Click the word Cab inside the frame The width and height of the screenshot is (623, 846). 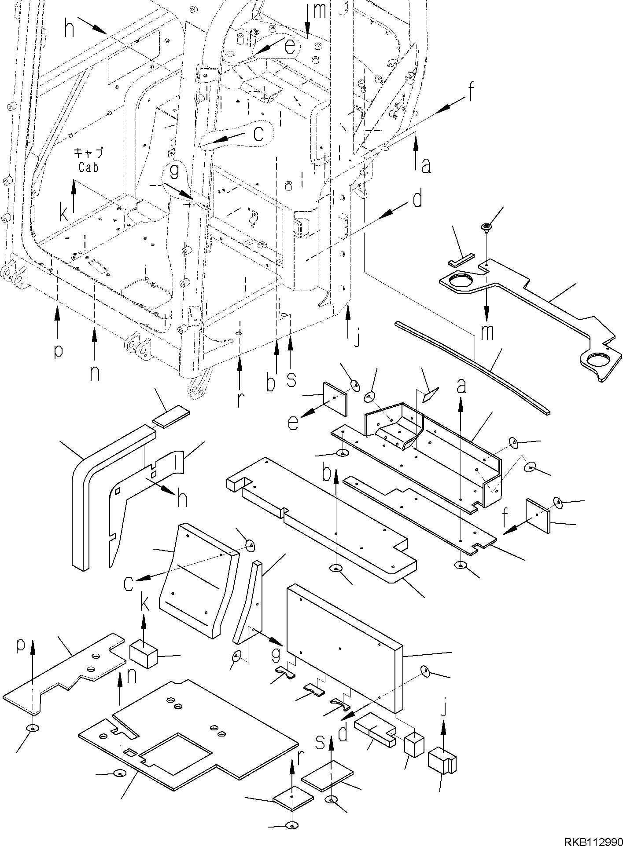88,167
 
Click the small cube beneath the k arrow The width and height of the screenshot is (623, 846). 144,657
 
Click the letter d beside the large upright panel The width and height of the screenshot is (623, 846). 343,733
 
